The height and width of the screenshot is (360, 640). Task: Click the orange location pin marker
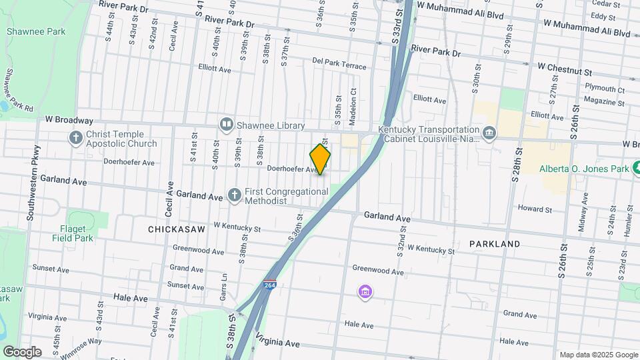320,159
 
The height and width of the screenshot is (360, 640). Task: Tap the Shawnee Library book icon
227,125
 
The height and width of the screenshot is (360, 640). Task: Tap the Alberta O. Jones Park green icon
637,169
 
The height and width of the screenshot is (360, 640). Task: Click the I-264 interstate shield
269,285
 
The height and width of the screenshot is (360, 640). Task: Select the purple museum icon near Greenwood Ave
365,292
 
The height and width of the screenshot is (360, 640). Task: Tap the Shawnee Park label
27,31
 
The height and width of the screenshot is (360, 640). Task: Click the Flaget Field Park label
72,233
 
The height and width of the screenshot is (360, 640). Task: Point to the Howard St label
535,209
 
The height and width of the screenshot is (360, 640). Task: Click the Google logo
23,351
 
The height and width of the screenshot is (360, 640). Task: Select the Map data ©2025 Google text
598,355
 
